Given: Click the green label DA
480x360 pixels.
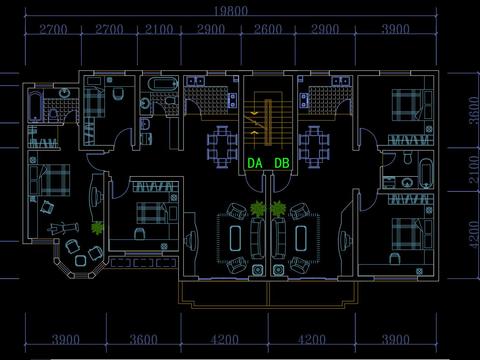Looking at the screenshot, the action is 255,163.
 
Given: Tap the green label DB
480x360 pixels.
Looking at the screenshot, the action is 282,163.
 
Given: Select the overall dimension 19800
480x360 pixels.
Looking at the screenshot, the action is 231,11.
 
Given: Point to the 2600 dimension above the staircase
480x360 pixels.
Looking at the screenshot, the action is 268,29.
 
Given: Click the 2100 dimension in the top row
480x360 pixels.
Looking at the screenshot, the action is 159,29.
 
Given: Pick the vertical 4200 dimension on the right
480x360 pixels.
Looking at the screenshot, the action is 474,234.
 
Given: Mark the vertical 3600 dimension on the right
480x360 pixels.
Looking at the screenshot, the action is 474,111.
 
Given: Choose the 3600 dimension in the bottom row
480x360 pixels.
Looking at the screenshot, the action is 143,340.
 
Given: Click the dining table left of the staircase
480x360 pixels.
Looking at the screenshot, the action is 222,146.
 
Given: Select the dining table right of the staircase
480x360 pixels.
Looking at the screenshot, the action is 314,146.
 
